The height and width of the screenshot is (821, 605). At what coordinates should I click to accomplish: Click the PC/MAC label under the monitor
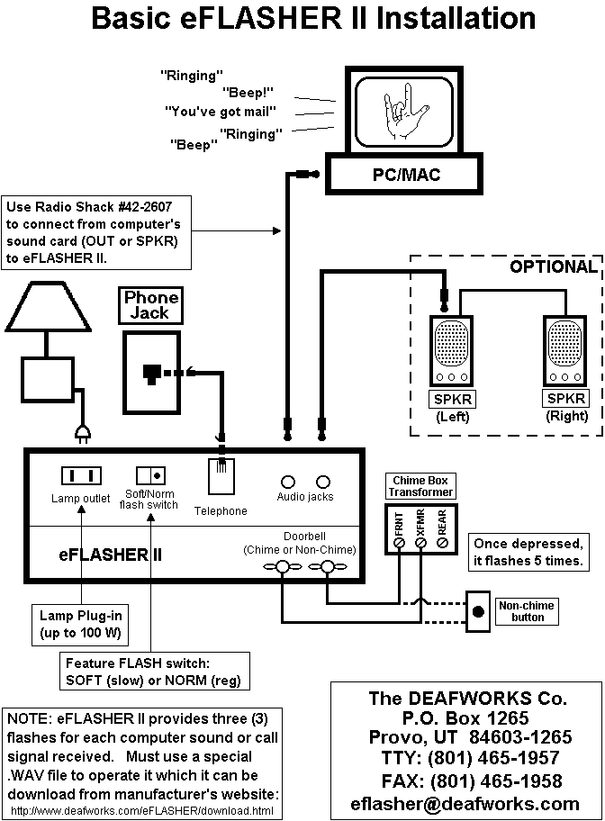coord(407,174)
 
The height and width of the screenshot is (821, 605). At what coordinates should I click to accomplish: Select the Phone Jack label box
coord(151,305)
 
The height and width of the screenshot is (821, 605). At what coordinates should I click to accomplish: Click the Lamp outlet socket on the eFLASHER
coord(80,474)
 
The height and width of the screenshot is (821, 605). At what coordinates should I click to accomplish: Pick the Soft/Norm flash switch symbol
coord(149,474)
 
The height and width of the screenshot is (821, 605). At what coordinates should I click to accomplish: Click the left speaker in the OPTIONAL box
coord(447,352)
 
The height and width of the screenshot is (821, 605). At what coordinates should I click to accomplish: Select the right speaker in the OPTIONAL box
coord(565,352)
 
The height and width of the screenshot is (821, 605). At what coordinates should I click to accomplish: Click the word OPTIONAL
coord(553,266)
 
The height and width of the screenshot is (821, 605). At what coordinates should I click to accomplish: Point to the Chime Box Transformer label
coord(421,486)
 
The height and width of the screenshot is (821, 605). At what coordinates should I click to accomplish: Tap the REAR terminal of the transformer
coord(442,543)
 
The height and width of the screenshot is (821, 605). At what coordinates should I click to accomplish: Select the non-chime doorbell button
coord(476,612)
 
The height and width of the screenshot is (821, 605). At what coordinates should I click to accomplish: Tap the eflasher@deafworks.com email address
coord(467,803)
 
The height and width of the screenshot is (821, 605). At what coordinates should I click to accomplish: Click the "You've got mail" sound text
coord(221,113)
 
